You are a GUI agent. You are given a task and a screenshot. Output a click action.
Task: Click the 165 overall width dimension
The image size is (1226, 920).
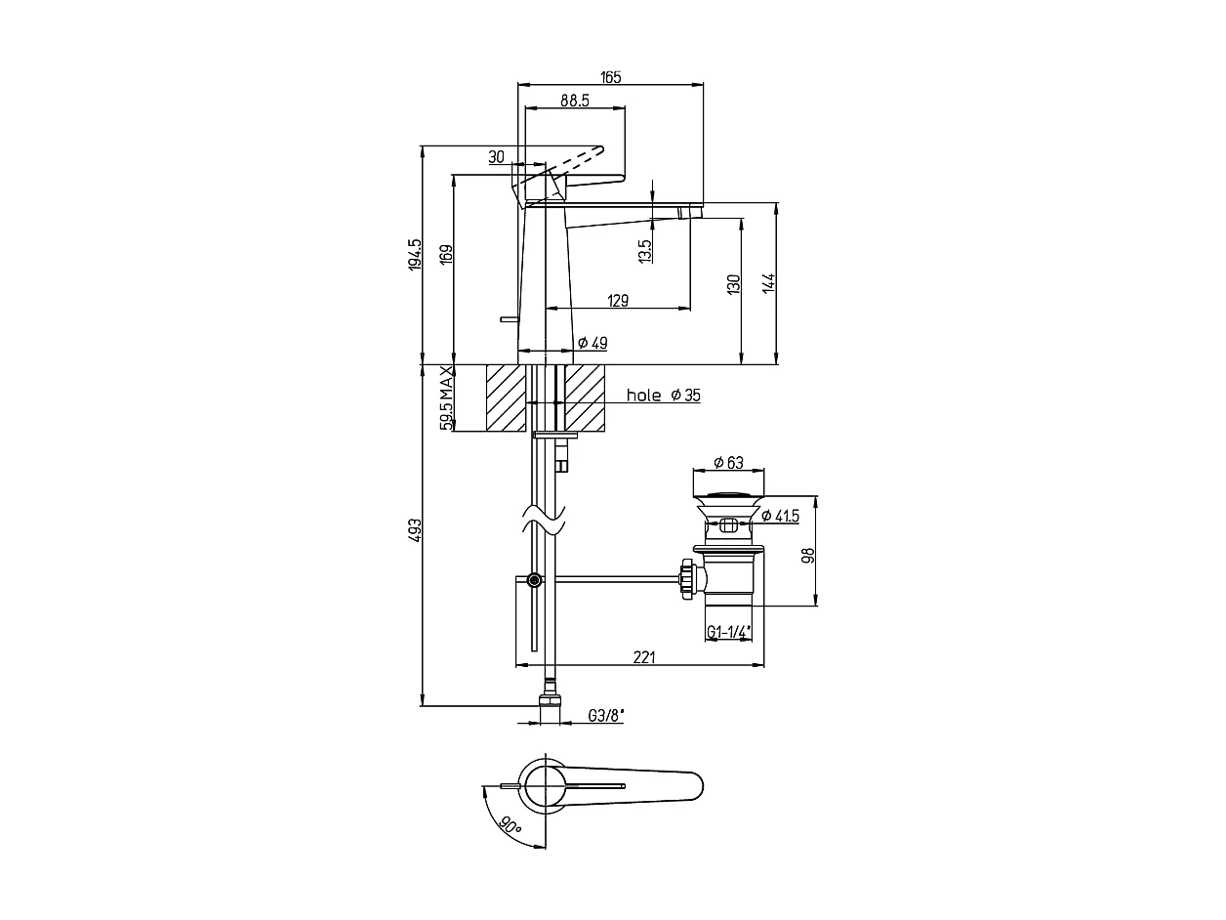611,77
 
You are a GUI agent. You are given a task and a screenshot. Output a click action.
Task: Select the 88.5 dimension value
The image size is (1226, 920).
574,100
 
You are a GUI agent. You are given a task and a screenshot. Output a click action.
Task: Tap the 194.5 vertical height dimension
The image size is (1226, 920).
415,255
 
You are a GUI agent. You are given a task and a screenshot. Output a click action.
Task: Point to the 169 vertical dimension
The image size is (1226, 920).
446,256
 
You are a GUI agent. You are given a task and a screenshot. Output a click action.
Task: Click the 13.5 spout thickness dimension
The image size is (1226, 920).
645,251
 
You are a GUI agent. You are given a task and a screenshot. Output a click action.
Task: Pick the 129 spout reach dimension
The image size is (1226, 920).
618,301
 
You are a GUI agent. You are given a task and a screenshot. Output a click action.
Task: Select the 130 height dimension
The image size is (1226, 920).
734,284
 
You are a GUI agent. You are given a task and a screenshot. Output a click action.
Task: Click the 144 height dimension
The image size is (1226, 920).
769,283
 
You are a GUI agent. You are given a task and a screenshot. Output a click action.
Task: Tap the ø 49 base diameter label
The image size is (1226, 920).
593,343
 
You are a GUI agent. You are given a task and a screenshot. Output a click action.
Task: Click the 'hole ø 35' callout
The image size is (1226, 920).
663,396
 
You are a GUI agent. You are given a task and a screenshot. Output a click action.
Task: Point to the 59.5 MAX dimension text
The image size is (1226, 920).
446,398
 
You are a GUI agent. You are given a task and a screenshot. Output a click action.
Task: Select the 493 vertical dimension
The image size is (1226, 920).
415,530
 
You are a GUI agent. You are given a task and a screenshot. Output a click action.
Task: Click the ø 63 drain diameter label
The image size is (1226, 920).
728,462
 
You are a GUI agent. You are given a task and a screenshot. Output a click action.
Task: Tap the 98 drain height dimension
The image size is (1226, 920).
807,555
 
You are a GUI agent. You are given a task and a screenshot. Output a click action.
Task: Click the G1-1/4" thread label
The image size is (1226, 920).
728,631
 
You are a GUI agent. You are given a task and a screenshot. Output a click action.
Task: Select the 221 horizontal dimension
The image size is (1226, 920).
644,657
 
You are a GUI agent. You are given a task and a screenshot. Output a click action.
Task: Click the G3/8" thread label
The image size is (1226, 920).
605,716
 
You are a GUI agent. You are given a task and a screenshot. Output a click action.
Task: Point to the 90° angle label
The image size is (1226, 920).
509,824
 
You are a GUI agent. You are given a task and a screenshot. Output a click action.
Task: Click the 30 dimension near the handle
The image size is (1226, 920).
496,156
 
